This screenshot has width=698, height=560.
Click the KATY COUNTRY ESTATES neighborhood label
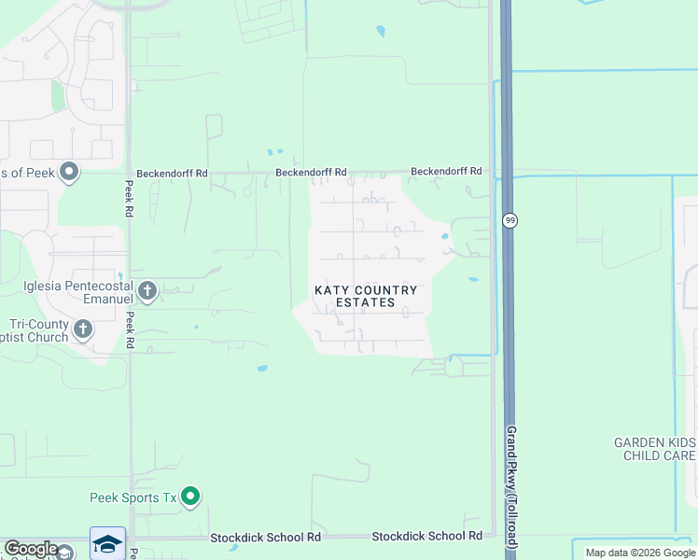(365, 296)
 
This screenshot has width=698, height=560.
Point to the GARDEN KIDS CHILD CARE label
(654, 449)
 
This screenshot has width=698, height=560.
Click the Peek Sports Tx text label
(133, 497)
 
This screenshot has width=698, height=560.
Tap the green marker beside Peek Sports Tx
(190, 496)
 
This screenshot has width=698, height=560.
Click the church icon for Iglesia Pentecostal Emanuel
(147, 292)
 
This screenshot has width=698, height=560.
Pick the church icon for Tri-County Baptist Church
(83, 329)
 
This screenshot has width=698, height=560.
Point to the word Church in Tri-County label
(47, 336)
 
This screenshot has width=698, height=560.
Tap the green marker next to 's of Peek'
(68, 171)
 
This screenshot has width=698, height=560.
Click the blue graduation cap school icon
(107, 544)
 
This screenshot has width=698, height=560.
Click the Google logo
(31, 549)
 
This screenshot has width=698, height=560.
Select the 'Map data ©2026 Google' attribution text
(640, 553)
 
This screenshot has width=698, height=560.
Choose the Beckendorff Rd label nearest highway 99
(446, 172)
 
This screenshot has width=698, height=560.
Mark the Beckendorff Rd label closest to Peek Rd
(172, 174)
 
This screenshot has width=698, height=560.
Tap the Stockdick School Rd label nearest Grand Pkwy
(426, 537)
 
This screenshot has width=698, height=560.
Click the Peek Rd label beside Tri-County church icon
(130, 329)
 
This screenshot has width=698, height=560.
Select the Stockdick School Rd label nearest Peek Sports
(265, 538)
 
